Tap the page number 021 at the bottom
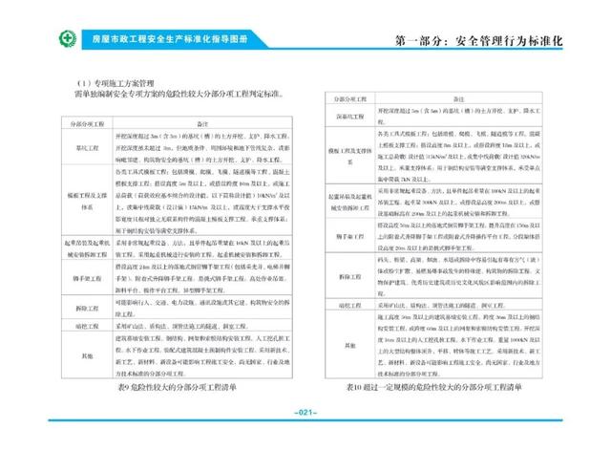pos(305,413)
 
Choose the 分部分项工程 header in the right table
pos(350,99)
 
